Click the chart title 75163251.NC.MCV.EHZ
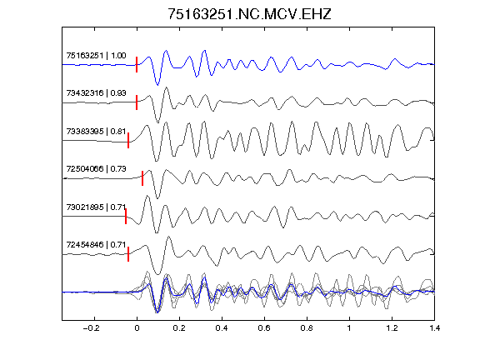pos(249,14)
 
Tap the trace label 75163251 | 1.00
pos(96,55)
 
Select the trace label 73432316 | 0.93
pos(96,92)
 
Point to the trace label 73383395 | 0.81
pos(96,132)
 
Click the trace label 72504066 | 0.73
pos(96,169)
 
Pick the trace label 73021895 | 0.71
pos(96,207)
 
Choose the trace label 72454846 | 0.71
pos(96,245)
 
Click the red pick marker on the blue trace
pos(137,65)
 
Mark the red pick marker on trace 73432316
pos(137,102)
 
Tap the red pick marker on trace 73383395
pos(128,141)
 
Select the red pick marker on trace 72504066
pos(142,178)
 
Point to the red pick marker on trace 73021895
pos(126,216)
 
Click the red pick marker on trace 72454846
pos(128,254)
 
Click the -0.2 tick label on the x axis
pos(91,328)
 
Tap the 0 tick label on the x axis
pos(137,328)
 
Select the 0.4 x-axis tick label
pos(222,328)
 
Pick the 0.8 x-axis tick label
pos(307,328)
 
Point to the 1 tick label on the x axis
pos(349,328)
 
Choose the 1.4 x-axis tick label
pos(434,328)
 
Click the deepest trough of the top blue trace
pos(157,84)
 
